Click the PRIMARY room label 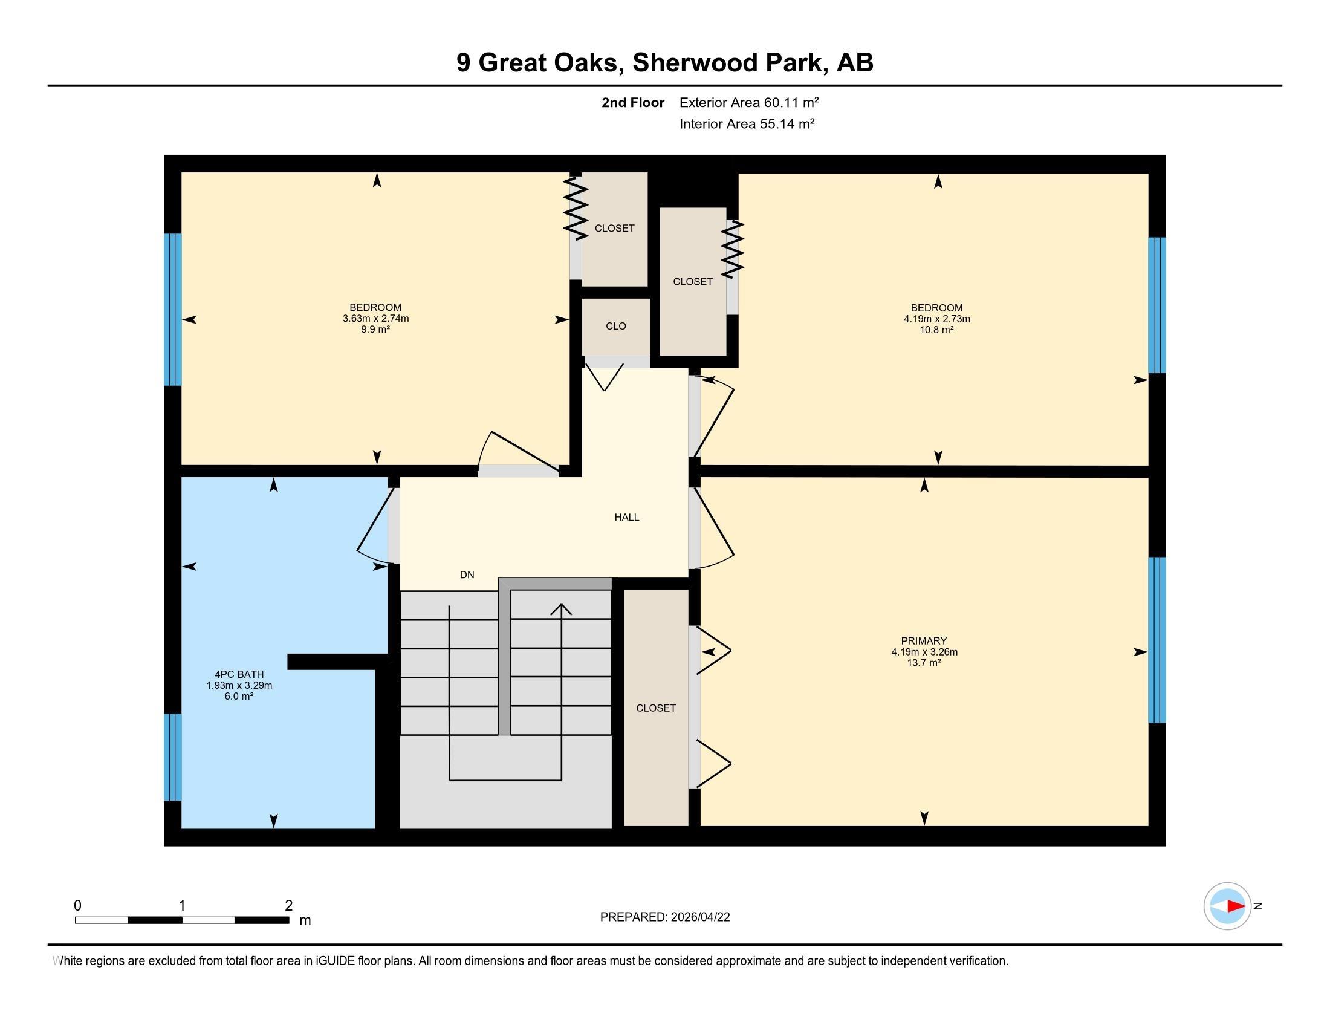924,640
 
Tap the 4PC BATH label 239,674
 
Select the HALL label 627,517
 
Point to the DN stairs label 467,574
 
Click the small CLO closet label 615,326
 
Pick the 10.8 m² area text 936,330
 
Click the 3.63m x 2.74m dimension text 375,318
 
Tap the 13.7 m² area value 924,663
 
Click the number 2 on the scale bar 288,906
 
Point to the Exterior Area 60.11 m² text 749,102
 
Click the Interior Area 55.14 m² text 747,123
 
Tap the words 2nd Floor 633,102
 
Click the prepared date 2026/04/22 701,917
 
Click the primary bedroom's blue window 1157,639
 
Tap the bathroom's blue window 173,756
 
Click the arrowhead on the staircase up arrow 561,608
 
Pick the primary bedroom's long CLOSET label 656,708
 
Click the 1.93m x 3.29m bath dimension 239,685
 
